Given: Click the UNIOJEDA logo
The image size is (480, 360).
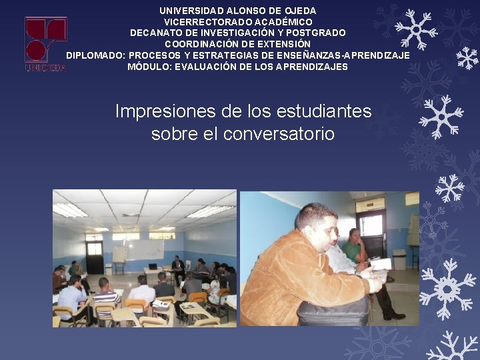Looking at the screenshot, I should pos(45,43).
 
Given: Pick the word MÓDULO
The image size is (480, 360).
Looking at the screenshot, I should pos(148,67).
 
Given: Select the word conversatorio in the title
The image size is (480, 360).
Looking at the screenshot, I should pos(279,133).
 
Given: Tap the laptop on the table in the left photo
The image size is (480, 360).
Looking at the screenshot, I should pos(153,266).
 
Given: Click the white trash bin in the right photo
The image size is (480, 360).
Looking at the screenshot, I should pos(399,259).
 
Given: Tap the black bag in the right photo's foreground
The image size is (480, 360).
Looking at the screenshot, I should pos(333,310).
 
